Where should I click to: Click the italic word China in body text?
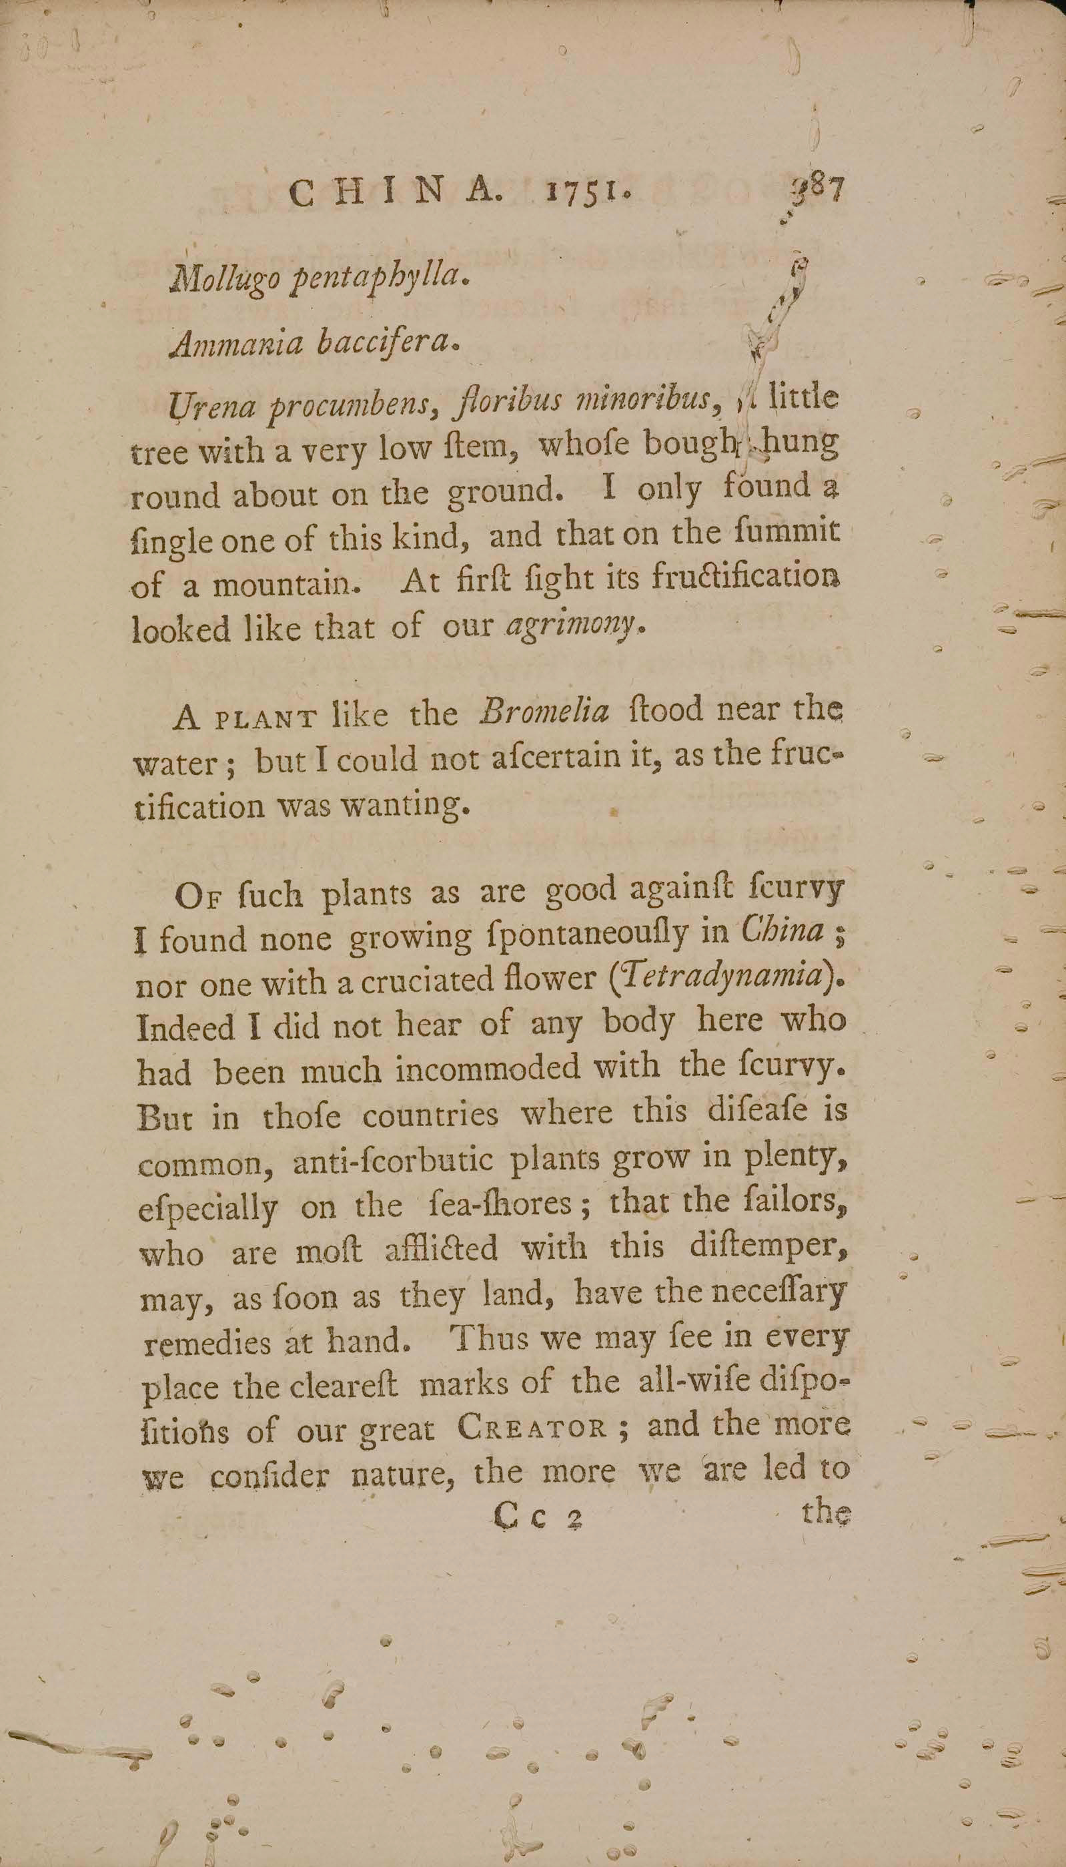coord(782,932)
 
